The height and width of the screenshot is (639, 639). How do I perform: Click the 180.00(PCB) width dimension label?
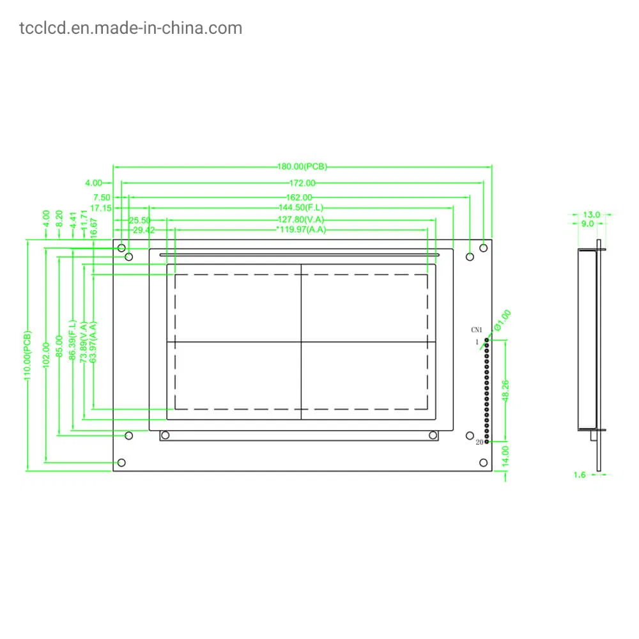pos(302,167)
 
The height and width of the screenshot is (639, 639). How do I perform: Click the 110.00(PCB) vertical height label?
pos(27,355)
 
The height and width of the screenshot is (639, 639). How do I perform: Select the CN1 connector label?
pos(477,330)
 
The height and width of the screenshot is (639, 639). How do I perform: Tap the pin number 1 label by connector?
pos(477,343)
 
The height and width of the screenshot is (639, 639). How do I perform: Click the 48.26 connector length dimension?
pos(505,390)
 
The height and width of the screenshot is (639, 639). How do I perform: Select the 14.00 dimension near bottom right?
pos(505,455)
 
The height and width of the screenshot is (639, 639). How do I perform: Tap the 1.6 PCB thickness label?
pos(580,475)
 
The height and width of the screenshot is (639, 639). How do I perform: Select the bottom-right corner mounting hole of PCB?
pos(484,463)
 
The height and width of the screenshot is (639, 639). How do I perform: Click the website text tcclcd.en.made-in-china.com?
pos(131,28)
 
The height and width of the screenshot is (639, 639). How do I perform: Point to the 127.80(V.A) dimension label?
pos(301,219)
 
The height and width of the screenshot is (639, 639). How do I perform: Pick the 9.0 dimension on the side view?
pos(586,224)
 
